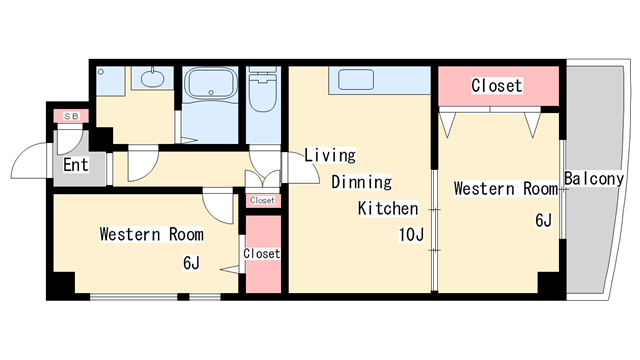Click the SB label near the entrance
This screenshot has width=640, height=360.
71,117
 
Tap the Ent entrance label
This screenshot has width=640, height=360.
76,165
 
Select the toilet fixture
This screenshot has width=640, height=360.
263,89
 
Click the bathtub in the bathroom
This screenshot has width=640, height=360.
211,84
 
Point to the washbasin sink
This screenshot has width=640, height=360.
152,78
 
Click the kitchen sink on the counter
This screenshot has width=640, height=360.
356,79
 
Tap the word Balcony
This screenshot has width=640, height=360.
594,179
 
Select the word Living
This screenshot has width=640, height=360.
330,155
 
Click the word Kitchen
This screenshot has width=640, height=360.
388,208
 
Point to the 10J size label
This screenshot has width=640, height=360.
411,235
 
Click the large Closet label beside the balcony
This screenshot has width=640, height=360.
497,86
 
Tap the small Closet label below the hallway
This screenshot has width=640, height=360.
262,200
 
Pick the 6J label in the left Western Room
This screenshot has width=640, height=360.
191,263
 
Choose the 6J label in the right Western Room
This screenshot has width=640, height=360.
543,220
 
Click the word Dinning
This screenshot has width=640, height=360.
361,182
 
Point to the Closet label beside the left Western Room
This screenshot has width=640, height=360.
262,253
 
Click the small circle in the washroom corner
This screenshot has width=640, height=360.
101,72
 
